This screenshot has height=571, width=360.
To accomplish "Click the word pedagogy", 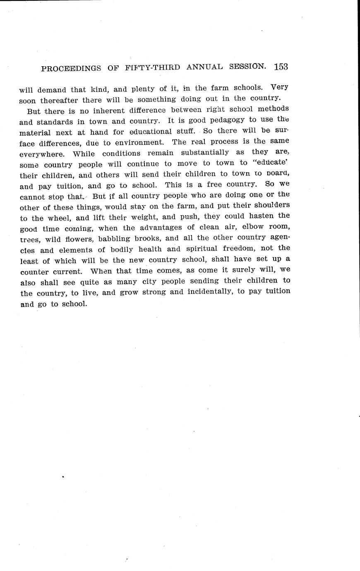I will click(x=236, y=120).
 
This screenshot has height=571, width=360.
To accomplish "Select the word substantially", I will click(x=205, y=152).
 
